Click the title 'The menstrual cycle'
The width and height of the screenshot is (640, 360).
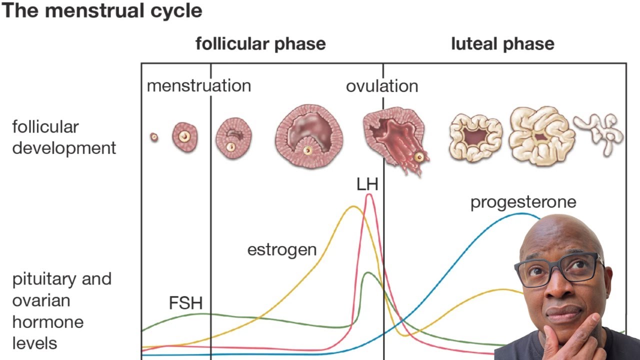coord(101,11)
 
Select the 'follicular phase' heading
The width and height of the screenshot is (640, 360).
coord(260,44)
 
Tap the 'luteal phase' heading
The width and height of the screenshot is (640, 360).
coord(502,44)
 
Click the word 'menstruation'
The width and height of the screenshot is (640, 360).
coord(199,85)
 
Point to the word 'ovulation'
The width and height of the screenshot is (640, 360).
coord(382,86)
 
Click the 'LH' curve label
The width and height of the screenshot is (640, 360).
coord(367,184)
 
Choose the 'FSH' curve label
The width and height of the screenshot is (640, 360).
coord(185,303)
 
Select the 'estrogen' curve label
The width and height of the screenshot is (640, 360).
coord(282,249)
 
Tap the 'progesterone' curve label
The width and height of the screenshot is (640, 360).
coord(523,202)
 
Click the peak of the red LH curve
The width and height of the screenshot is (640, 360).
coord(369,194)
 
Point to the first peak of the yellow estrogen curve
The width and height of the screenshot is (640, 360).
coord(353,206)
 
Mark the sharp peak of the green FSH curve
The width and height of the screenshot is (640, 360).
coord(367,272)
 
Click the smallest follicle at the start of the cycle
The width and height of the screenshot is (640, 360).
coord(154,137)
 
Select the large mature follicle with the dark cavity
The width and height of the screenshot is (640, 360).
coord(309,136)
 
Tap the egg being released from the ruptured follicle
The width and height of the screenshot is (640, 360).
coord(419,157)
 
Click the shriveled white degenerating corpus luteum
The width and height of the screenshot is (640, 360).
coord(598,133)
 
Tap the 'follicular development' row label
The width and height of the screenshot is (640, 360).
coord(64,137)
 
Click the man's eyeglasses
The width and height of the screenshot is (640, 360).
coord(559,269)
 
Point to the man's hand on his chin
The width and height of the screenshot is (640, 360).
coord(567,337)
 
